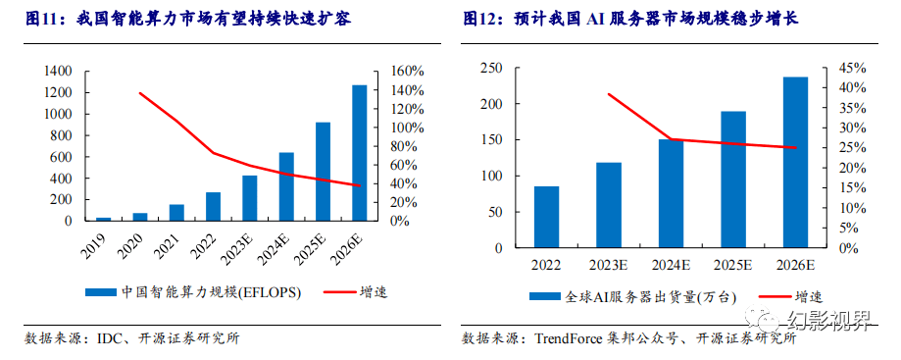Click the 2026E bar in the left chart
click(360, 153)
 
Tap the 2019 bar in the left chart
click(103, 219)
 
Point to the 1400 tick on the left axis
click(58, 72)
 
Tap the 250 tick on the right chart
click(489, 68)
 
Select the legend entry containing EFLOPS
click(196, 291)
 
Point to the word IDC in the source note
click(109, 338)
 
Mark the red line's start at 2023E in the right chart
click(608, 94)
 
